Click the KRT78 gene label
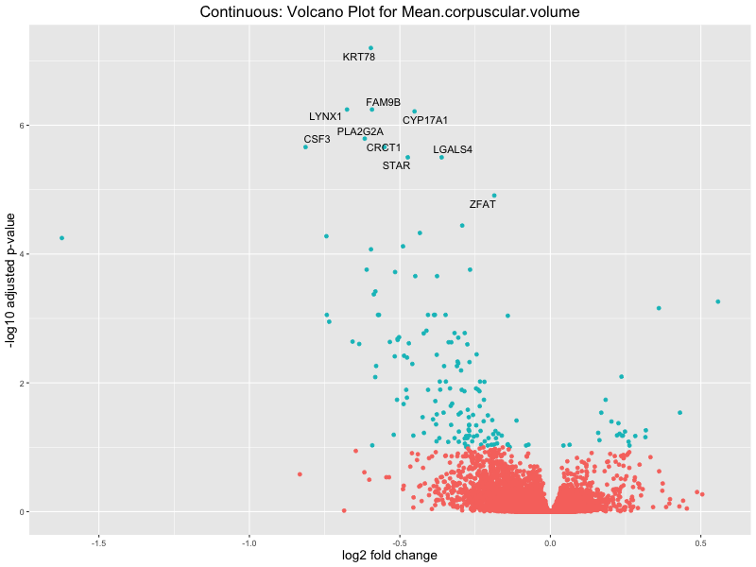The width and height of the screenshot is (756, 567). coord(359,58)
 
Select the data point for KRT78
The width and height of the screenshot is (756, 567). coord(370,47)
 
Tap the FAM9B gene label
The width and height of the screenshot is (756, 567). coord(384,102)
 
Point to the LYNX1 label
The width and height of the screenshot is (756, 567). coord(325,116)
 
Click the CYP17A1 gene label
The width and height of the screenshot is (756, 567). coord(425,120)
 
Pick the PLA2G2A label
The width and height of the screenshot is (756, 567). coord(360,131)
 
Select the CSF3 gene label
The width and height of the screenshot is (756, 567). coord(317,139)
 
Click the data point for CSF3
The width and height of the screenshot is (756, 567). coord(305,146)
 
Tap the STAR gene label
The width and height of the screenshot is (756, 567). coord(396,165)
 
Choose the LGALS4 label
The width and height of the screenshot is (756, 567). coord(453,149)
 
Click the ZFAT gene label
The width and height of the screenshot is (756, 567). coord(482,204)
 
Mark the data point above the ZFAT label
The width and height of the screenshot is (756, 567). coord(493,196)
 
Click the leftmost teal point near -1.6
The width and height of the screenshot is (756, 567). coord(61,238)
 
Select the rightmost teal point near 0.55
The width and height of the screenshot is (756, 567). coord(718,301)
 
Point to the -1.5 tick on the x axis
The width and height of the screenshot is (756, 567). coord(98,542)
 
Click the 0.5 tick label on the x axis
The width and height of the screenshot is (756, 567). coord(700,542)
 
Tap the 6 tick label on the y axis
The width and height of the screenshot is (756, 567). coord(22,126)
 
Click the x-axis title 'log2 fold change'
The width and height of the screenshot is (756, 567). coord(389,556)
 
